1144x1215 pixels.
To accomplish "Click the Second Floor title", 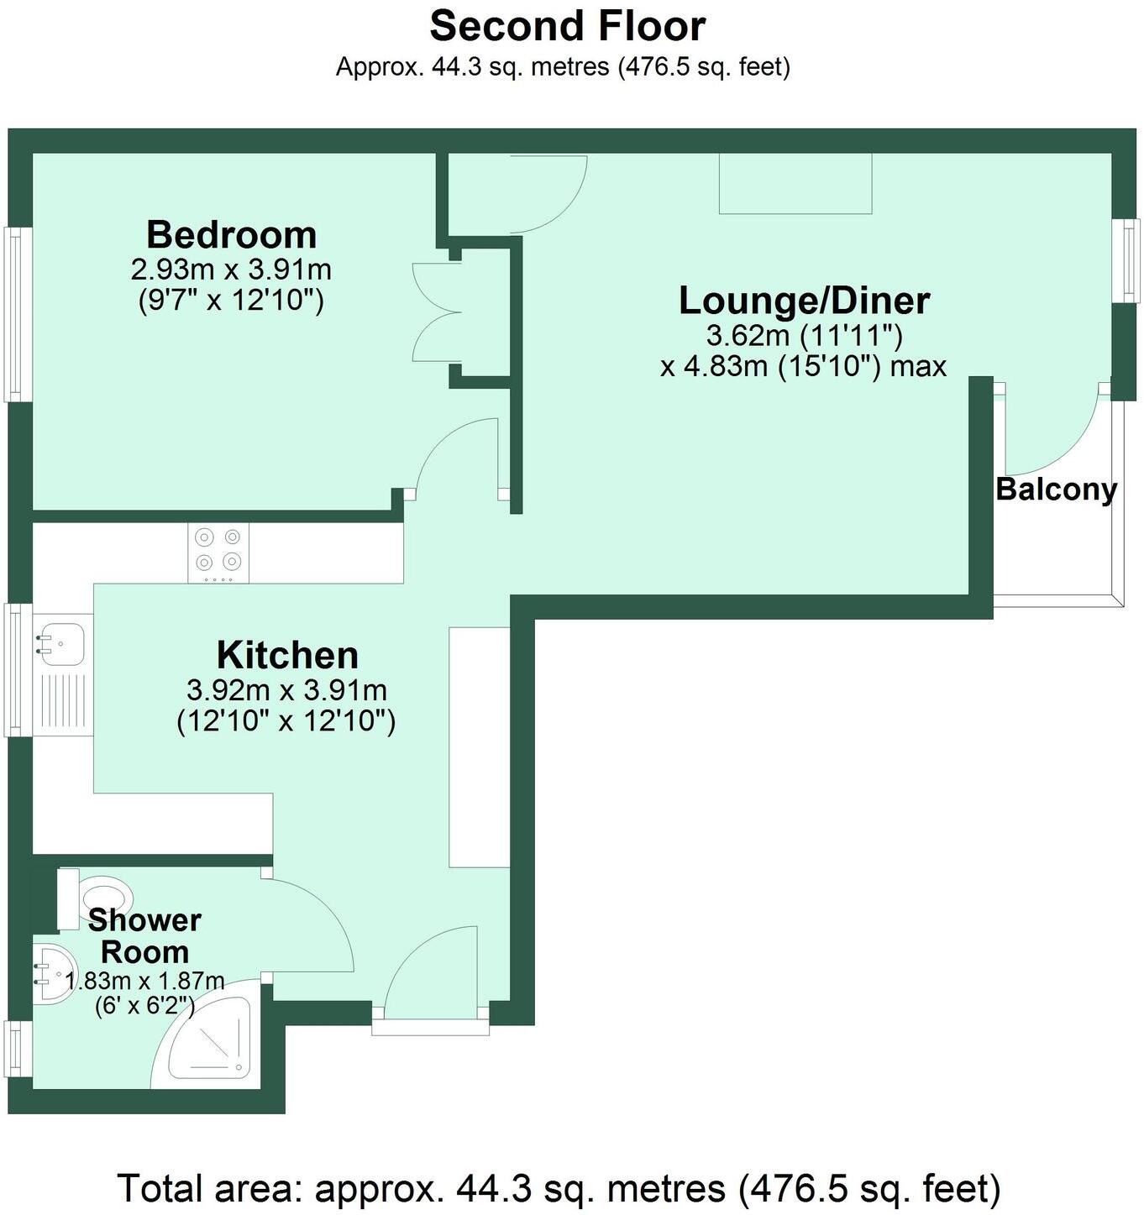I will point(567,26).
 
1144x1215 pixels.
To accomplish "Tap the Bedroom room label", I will point(231,234).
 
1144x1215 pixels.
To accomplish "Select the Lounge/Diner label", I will point(804,301).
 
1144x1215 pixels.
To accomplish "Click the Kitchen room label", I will point(287,655).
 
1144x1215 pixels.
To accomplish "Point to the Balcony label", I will point(1056,489).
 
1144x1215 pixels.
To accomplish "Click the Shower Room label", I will point(144,936).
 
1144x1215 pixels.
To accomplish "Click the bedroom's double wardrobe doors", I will point(438,311).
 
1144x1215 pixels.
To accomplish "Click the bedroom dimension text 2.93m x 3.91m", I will point(231,270).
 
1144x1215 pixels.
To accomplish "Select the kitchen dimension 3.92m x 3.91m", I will point(286,690).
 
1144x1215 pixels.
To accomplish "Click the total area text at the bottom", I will point(559,1187).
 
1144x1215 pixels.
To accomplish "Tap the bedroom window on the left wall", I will point(15,313).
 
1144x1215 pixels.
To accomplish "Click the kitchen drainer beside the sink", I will point(63,702).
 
